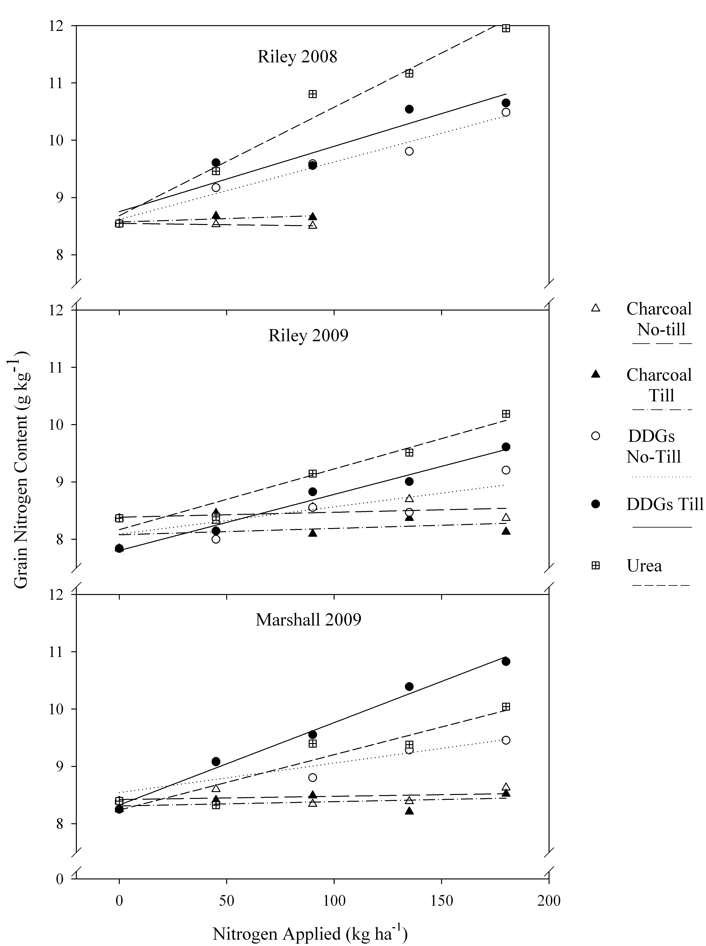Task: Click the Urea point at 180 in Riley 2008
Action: (506, 28)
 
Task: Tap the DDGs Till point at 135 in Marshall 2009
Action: (409, 686)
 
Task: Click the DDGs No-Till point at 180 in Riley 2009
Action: (506, 470)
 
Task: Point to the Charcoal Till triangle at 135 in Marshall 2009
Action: (409, 811)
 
